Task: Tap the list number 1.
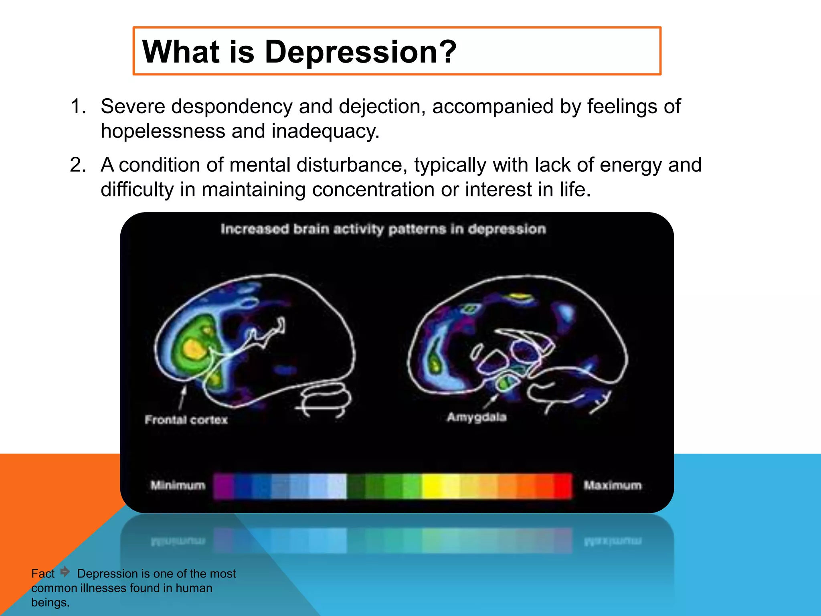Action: (x=78, y=107)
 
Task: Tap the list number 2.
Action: (x=78, y=165)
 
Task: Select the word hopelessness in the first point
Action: (x=163, y=131)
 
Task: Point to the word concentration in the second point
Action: (x=373, y=189)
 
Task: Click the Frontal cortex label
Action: (x=186, y=420)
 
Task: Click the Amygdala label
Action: (x=477, y=417)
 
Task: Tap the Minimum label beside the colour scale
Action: (x=178, y=485)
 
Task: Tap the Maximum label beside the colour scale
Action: (x=613, y=485)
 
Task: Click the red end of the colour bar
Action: (x=563, y=486)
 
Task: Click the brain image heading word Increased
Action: (x=255, y=229)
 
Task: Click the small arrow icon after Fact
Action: (x=65, y=571)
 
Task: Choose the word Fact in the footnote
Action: (x=42, y=573)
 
